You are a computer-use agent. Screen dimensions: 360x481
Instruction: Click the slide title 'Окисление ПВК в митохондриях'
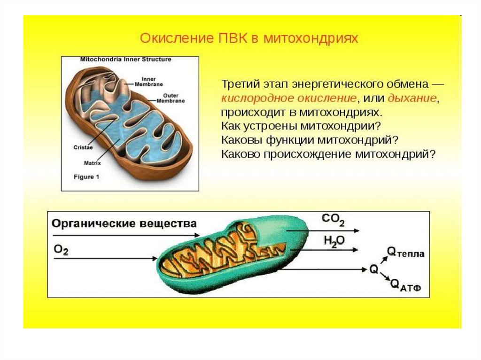[x=249, y=38]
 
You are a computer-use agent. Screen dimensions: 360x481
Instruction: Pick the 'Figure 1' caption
[x=87, y=177]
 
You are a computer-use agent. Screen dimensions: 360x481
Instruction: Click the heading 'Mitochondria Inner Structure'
[x=126, y=60]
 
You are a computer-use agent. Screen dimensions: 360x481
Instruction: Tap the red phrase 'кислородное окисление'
[x=288, y=99]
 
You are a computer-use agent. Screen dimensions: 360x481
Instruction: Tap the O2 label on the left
[x=61, y=250]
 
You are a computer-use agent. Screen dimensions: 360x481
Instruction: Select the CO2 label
[x=334, y=219]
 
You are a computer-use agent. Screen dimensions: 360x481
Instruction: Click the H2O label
[x=334, y=241]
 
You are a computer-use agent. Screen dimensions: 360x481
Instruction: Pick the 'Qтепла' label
[x=405, y=253]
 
